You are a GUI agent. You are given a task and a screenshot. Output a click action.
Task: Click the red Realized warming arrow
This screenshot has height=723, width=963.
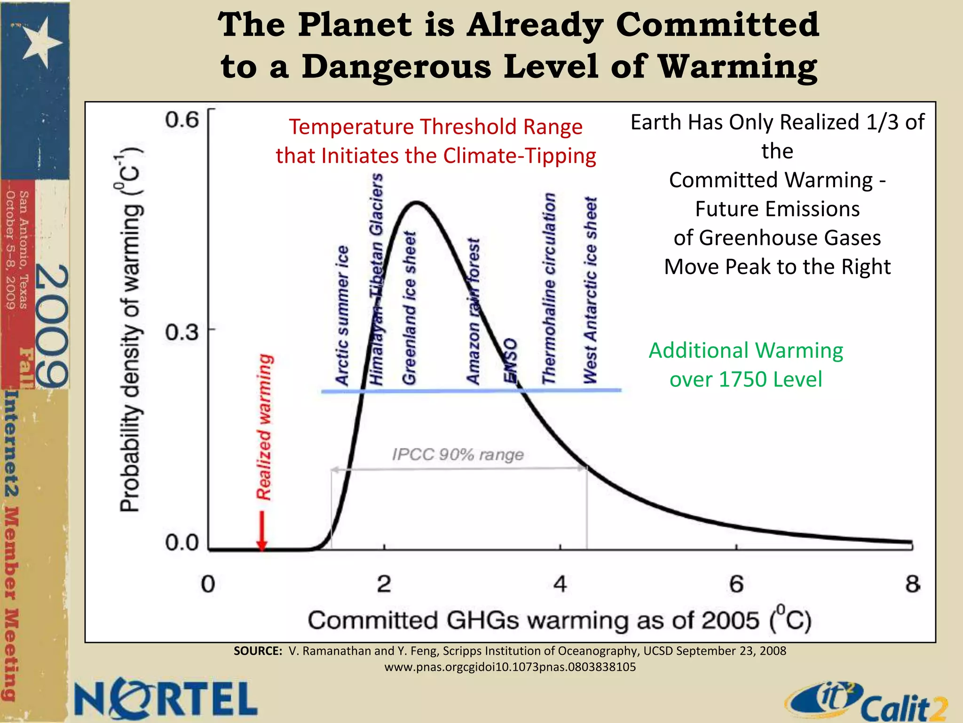(262, 530)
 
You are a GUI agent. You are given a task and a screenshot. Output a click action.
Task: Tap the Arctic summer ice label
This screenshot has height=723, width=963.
(342, 315)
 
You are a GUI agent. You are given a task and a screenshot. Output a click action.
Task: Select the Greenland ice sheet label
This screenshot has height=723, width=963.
(409, 308)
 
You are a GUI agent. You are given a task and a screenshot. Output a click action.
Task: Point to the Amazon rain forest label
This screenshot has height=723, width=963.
(473, 311)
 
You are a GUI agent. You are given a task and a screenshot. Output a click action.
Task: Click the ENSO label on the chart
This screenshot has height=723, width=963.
(510, 361)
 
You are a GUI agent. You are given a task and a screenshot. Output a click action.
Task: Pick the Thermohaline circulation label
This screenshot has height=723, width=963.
(548, 288)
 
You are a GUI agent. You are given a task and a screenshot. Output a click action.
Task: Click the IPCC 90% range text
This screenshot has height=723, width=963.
(458, 455)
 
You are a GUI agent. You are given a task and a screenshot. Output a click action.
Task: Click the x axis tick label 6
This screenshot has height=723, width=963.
(736, 584)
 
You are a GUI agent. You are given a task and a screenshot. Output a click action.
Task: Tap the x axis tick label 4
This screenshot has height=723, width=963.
(560, 584)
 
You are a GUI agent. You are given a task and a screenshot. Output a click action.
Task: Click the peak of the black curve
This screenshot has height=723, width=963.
(417, 203)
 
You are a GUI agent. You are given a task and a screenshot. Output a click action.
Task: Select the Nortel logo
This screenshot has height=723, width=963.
(166, 699)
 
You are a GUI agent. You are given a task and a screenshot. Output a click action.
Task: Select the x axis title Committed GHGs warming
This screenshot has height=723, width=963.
(560, 620)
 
